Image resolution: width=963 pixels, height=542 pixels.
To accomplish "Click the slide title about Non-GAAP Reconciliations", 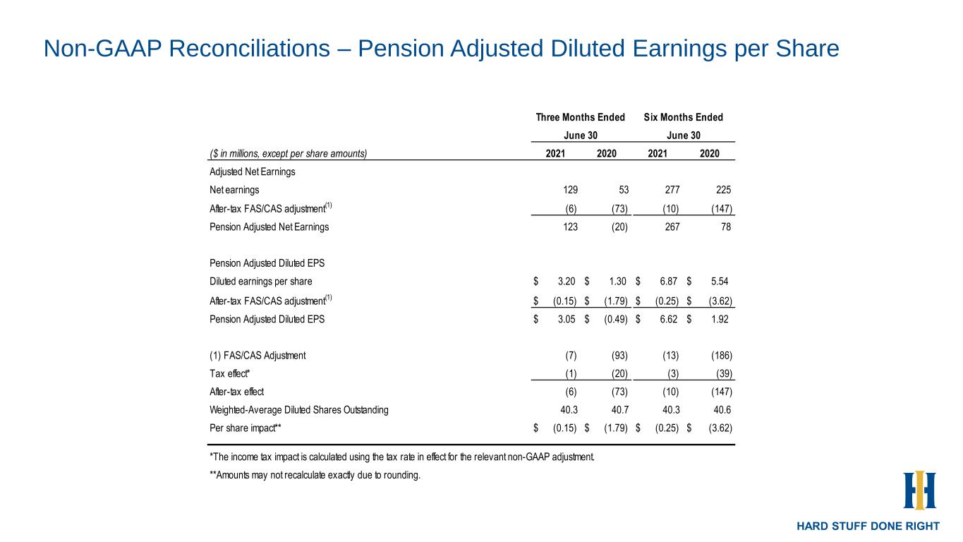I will (441, 49).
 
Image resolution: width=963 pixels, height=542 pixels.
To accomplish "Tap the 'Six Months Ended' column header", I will (684, 117).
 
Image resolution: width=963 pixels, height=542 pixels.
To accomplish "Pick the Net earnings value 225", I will (722, 190).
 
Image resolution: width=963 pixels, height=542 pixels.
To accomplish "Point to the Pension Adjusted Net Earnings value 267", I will (672, 227).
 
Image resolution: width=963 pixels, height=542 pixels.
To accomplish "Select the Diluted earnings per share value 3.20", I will (567, 282).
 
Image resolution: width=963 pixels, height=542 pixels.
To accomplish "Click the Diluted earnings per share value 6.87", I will (669, 282).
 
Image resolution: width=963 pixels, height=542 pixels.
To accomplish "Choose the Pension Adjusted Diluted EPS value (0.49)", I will (615, 318).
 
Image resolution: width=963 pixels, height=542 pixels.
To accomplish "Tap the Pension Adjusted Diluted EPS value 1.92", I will (720, 318).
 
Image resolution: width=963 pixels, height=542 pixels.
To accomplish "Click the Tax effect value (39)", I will (722, 373).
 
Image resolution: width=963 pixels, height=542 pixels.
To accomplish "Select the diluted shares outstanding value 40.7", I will (619, 409).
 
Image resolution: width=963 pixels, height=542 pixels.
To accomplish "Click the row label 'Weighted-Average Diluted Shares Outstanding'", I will (298, 409).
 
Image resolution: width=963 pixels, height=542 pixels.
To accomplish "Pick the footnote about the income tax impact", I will (402, 457).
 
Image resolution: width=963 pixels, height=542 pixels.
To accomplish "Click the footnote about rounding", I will (315, 475).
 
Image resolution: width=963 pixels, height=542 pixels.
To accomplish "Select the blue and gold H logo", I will (919, 490).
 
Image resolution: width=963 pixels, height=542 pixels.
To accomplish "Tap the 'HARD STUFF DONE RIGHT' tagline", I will (868, 526).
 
